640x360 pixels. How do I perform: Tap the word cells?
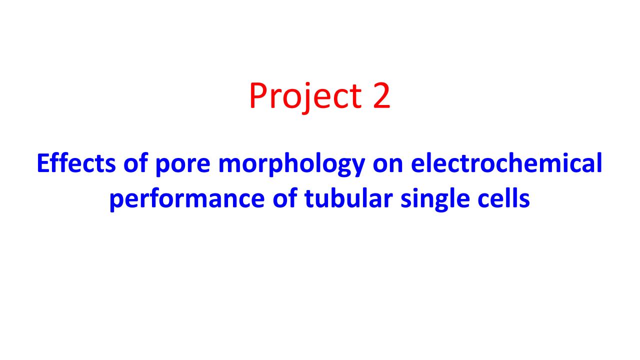505,198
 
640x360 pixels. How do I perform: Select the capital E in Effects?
44,163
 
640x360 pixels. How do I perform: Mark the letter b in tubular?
340,197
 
